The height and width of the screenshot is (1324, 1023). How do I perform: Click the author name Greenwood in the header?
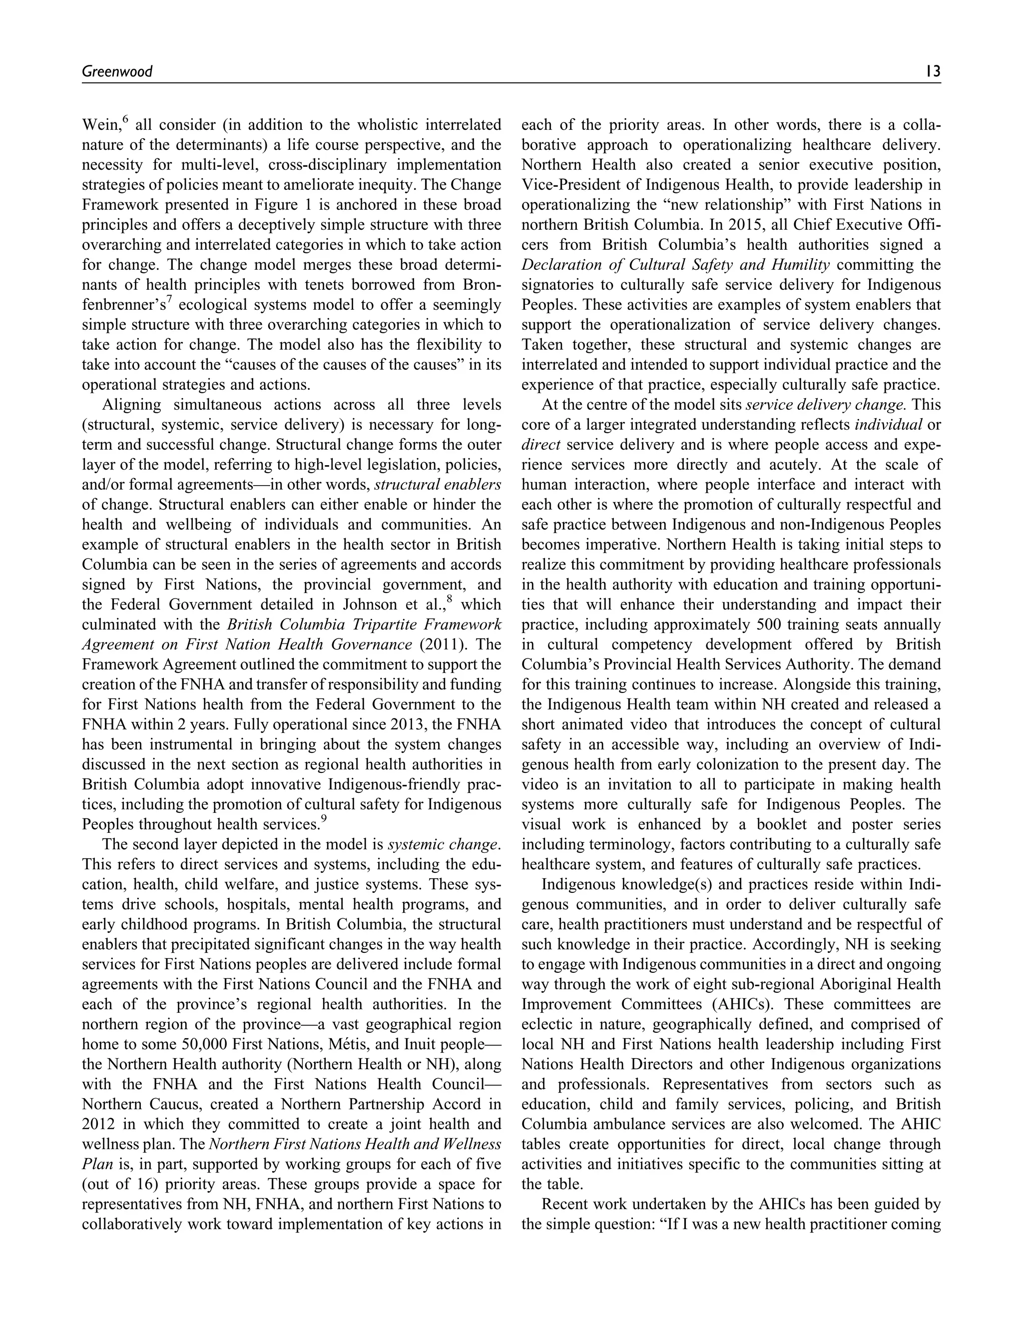[117, 71]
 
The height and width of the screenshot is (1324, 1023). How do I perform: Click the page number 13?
[933, 71]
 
